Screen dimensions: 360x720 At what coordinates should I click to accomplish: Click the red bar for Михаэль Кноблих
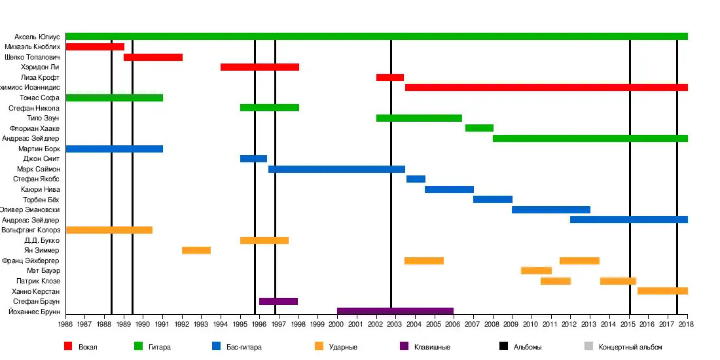click(95, 46)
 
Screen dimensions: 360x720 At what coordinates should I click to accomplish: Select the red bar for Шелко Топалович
click(153, 57)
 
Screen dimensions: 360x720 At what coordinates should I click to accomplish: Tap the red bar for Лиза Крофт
click(390, 77)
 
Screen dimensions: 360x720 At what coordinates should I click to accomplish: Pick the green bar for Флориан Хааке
click(479, 128)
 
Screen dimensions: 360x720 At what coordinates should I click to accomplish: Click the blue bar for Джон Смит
click(253, 158)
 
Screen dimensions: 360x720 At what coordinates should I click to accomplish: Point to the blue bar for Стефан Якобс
click(416, 179)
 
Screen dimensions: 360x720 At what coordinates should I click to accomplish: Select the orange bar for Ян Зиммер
click(196, 250)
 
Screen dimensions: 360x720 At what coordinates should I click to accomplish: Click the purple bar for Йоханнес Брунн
click(395, 311)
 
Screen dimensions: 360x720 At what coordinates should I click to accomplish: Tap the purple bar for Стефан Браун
click(278, 301)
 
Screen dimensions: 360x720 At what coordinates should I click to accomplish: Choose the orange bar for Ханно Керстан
click(662, 291)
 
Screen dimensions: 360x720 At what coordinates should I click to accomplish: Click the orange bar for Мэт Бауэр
click(536, 270)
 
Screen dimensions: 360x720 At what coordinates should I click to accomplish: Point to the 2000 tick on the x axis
click(337, 324)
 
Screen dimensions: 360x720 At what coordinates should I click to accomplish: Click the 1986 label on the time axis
click(65, 324)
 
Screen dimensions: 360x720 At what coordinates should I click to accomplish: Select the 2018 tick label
click(686, 324)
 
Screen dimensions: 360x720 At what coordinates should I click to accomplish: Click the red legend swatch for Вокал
click(68, 346)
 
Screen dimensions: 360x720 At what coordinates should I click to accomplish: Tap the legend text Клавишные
click(432, 347)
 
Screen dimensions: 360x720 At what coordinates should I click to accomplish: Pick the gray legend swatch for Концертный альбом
click(588, 346)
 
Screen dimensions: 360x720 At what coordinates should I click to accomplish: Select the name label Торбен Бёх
click(41, 199)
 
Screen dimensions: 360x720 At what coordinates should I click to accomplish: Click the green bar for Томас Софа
click(114, 98)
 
